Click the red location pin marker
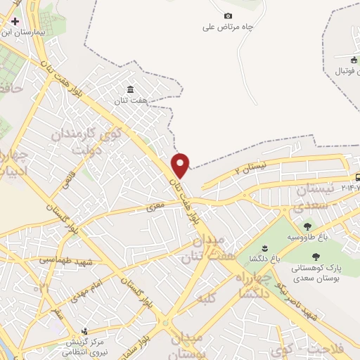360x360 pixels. (x=181, y=164)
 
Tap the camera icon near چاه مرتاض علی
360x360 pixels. (x=227, y=15)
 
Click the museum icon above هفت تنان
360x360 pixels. (x=131, y=89)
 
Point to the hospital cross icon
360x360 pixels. (x=15, y=21)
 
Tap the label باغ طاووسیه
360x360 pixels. (x=307, y=238)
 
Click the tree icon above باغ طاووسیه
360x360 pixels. (x=307, y=226)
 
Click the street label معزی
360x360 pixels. (x=154, y=208)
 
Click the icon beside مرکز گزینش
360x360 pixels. (x=85, y=330)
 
